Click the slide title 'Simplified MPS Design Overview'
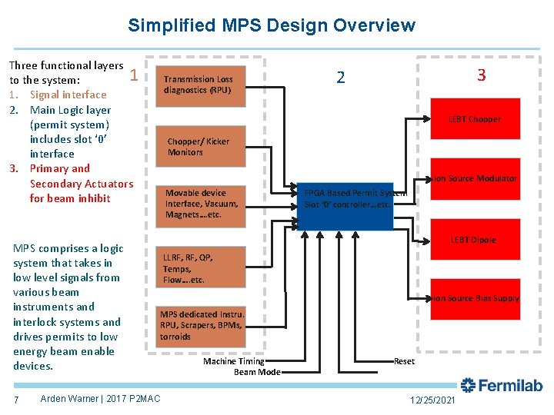click(x=272, y=26)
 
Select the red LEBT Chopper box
click(x=474, y=120)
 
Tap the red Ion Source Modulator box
click(x=474, y=178)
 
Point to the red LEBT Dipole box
click(x=474, y=240)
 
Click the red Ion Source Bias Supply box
click(x=474, y=298)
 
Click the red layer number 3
click(x=482, y=75)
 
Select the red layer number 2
click(x=341, y=78)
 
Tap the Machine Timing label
click(x=234, y=361)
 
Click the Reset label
click(x=404, y=361)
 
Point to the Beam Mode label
click(x=257, y=372)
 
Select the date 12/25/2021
click(x=432, y=400)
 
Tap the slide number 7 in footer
click(x=16, y=399)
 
